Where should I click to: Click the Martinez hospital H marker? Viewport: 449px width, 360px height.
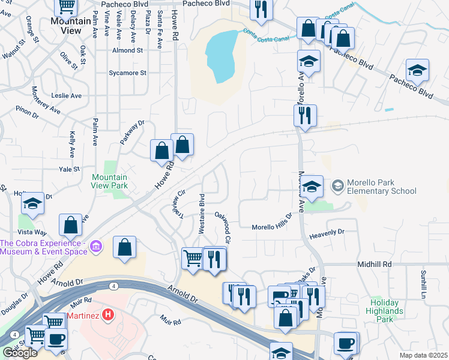108,313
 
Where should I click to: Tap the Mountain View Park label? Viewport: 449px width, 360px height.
110,181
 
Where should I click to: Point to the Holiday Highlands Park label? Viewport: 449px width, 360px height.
385,311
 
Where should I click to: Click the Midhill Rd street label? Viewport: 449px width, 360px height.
375,264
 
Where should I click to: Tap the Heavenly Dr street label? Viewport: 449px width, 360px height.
327,232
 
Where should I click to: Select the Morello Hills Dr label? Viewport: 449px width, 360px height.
271,226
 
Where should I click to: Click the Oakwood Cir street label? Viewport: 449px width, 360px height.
223,227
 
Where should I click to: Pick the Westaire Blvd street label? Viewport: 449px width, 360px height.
202,213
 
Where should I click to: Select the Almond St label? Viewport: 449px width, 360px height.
127,50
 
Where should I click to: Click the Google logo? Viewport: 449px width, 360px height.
20,353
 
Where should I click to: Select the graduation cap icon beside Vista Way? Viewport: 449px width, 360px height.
33,204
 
